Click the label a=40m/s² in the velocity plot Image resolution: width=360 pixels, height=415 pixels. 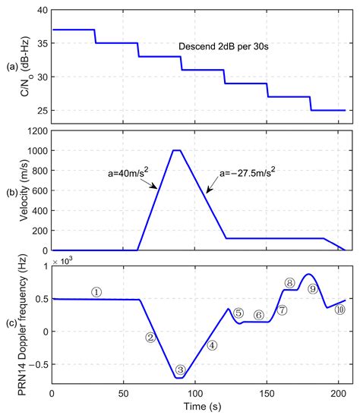[122, 171]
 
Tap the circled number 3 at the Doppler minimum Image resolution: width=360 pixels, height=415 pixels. [180, 370]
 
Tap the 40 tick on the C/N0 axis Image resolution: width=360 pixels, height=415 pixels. [39, 11]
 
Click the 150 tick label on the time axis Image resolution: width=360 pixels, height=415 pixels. [267, 394]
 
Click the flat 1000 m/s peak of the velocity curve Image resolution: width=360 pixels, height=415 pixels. [178, 150]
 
